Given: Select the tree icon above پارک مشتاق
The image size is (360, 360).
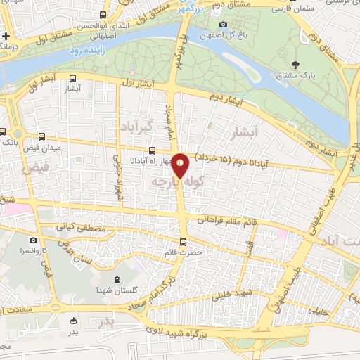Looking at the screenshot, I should click(295, 65).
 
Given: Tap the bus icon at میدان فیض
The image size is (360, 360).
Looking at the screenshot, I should click(41, 137).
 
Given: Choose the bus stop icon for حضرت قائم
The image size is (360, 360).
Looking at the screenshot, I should click(184, 243).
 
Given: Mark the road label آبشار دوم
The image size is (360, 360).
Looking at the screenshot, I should click(232, 99).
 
